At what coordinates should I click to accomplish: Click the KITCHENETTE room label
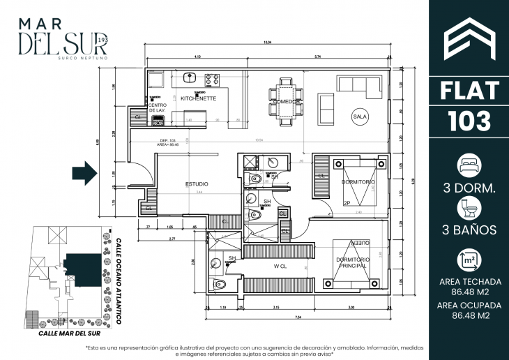(x=198, y=99)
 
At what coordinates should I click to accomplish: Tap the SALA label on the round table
(x=360, y=116)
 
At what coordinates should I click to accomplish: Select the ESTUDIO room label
(x=197, y=184)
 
